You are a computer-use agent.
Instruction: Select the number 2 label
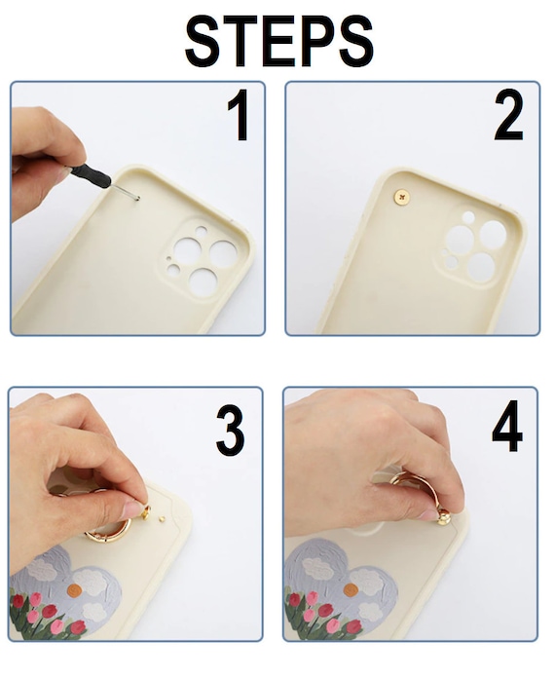pyautogui.click(x=508, y=114)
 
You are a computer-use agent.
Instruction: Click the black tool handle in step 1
pyautogui.click(x=92, y=176)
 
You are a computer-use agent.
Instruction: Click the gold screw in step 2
pyautogui.click(x=401, y=197)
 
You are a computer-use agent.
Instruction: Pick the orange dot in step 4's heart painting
pyautogui.click(x=351, y=589)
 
